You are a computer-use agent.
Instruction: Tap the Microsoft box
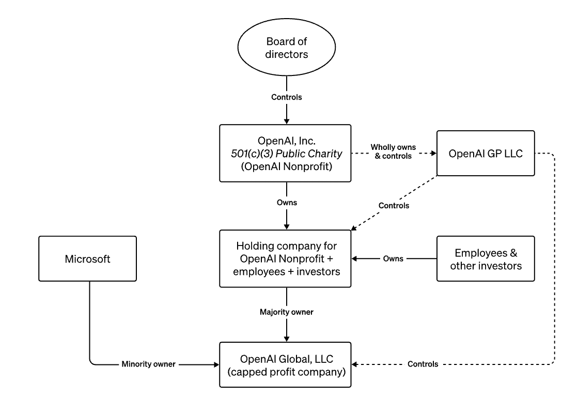(87, 258)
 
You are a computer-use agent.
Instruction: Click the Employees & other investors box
(486, 258)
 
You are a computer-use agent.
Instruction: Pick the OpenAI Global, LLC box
(287, 364)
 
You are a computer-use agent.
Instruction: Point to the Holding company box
(287, 258)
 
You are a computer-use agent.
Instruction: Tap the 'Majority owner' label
(287, 312)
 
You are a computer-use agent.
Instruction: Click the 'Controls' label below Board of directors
(287, 97)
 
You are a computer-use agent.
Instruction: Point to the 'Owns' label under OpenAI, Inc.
(287, 203)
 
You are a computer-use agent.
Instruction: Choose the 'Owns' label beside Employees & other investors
(394, 258)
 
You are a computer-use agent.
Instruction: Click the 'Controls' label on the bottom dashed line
(423, 364)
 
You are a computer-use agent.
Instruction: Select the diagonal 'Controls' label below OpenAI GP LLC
(394, 206)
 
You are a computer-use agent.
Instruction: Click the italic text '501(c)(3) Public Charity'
(287, 153)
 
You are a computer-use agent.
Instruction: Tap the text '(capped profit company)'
(287, 371)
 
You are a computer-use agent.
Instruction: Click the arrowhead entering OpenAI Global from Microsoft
(216, 364)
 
